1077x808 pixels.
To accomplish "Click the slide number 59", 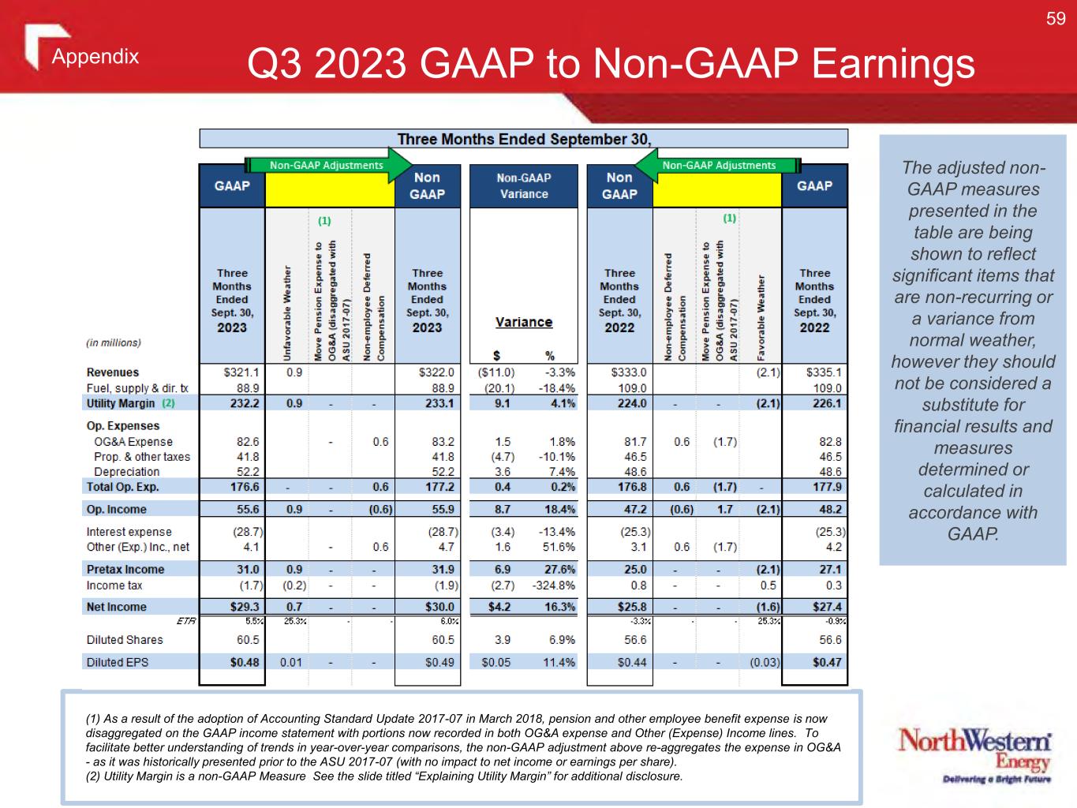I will (x=1056, y=19).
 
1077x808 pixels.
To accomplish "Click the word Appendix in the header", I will (x=95, y=56).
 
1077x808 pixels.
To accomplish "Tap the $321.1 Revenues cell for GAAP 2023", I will (x=241, y=372).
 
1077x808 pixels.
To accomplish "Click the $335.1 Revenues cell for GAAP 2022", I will (x=824, y=372).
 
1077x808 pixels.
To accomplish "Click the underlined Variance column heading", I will (x=524, y=322).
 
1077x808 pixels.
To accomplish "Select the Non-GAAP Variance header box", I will (x=524, y=185).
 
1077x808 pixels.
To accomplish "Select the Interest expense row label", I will (x=129, y=532).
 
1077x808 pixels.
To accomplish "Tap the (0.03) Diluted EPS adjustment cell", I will (x=765, y=662).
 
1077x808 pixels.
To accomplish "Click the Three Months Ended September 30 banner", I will (x=524, y=139).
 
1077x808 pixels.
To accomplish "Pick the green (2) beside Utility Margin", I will (x=168, y=403).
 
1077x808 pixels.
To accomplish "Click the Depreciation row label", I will (x=126, y=472).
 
